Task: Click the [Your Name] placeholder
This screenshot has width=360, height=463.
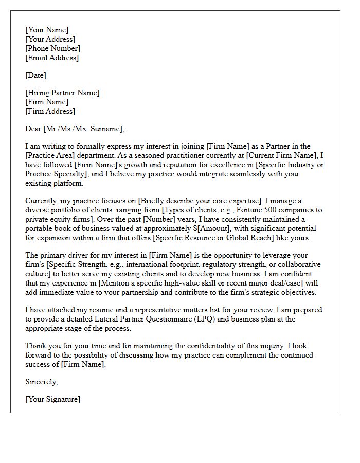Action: pyautogui.click(x=47, y=30)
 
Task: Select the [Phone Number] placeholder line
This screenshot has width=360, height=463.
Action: pyautogui.click(x=52, y=49)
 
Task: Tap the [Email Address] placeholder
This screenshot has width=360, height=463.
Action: pyautogui.click(x=52, y=58)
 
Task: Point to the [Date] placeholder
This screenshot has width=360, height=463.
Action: pyautogui.click(x=35, y=76)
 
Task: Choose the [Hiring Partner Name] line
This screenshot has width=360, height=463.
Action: pyautogui.click(x=62, y=93)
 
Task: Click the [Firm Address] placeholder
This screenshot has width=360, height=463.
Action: pyautogui.click(x=50, y=112)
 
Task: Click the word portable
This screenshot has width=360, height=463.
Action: pyautogui.click(x=39, y=228)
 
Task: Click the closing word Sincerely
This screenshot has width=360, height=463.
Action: pyautogui.click(x=41, y=382)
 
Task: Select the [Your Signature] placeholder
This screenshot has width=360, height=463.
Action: pyautogui.click(x=52, y=400)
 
